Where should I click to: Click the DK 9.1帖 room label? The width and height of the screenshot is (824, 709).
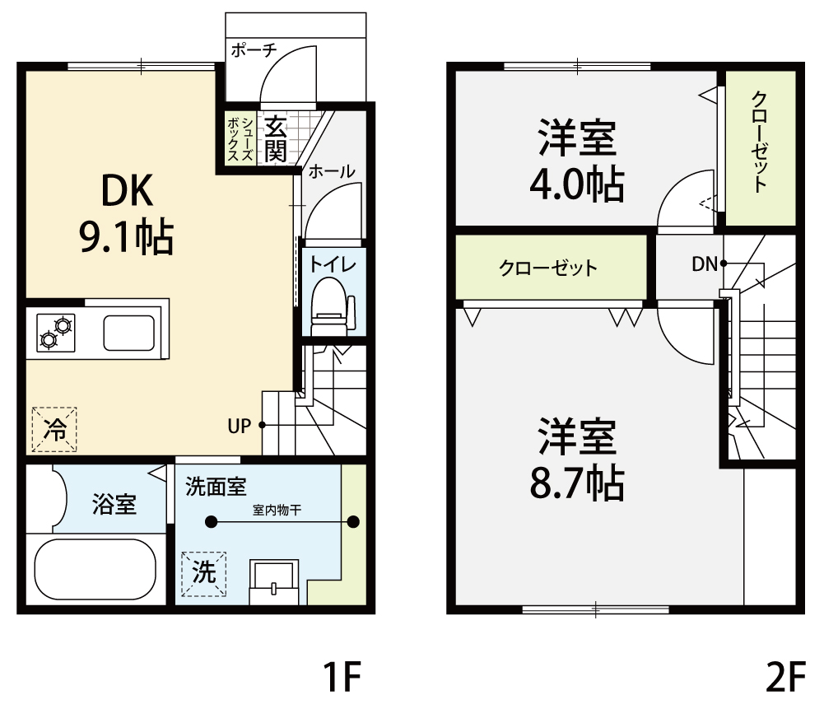[127, 213]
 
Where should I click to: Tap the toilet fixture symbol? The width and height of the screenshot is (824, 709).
[333, 307]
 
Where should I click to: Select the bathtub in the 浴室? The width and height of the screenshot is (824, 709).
[95, 569]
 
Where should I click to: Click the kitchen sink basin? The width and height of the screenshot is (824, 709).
[128, 333]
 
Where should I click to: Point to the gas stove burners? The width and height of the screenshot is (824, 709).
[56, 333]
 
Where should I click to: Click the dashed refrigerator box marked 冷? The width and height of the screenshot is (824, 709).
[54, 429]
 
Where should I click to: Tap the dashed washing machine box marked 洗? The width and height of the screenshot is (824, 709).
[204, 574]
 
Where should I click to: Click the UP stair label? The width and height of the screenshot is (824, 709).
[239, 426]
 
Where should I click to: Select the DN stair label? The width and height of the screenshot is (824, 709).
[704, 264]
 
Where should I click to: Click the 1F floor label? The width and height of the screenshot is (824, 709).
[342, 677]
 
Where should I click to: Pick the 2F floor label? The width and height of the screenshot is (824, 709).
[786, 677]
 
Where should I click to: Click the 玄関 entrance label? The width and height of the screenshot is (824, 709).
[276, 139]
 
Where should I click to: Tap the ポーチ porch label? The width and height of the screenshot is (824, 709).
[254, 50]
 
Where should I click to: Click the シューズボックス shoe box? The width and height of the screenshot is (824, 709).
[240, 138]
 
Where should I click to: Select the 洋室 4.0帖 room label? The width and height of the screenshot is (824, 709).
[577, 161]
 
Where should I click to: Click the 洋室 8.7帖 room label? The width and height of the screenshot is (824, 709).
[577, 459]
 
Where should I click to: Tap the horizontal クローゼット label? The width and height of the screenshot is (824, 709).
[548, 268]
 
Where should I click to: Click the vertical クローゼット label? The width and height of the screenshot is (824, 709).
[759, 142]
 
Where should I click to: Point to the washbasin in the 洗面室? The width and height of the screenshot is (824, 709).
[274, 582]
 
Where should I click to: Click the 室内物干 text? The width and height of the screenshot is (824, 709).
[277, 510]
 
